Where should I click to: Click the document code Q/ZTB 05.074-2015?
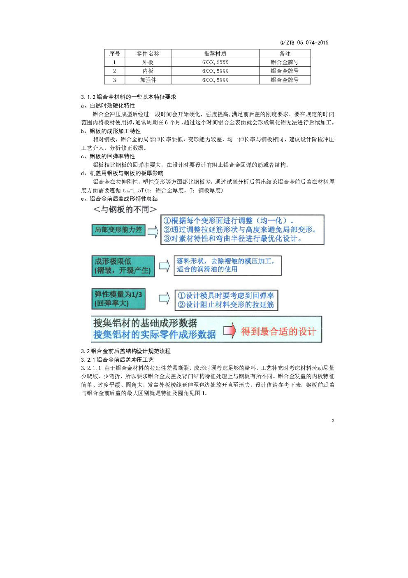pyautogui.click(x=304, y=42)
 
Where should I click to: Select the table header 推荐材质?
pyautogui.click(x=215, y=54)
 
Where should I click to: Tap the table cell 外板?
pyautogui.click(x=148, y=62)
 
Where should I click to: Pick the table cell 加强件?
pyautogui.click(x=148, y=80)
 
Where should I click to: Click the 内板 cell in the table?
pyautogui.click(x=148, y=71)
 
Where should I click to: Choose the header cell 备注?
pyautogui.click(x=285, y=54)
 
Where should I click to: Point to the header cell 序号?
pyautogui.click(x=114, y=54)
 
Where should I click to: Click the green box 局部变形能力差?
pyautogui.click(x=118, y=230)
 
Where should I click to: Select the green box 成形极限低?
pyautogui.click(x=123, y=266)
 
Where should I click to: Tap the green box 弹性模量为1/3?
pyautogui.click(x=118, y=299)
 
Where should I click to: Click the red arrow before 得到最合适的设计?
pyautogui.click(x=229, y=330)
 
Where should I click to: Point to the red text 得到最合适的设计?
pyautogui.click(x=278, y=331)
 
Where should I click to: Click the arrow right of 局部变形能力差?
pyautogui.click(x=153, y=232)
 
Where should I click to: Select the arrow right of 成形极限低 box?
pyautogui.click(x=165, y=266)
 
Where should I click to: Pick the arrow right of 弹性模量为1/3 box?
pyautogui.click(x=165, y=298)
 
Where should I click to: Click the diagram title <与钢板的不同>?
pyautogui.click(x=125, y=209)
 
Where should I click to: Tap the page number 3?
pyautogui.click(x=333, y=421)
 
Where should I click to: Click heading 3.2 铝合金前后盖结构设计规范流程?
pyautogui.click(x=126, y=351)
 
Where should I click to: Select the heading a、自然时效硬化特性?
pyautogui.click(x=108, y=105)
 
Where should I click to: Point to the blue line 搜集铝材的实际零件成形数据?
pyautogui.click(x=155, y=334)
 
